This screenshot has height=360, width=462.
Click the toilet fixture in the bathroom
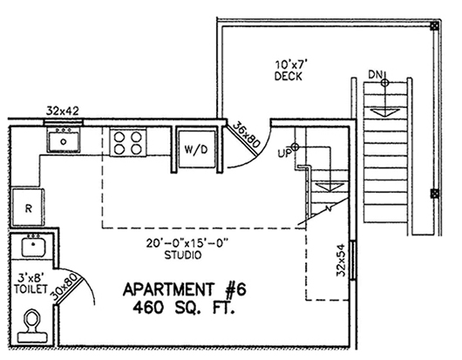tap(32, 325)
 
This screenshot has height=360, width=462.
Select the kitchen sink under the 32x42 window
tap(64, 141)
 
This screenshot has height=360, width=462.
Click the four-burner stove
tap(128, 142)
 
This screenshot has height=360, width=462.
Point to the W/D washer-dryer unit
tap(196, 149)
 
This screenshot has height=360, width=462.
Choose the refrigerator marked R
tap(28, 207)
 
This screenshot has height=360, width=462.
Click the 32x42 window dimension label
tap(63, 111)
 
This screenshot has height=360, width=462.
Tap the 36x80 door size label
tap(247, 134)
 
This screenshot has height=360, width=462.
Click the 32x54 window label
tap(341, 260)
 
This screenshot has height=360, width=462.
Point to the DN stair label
tap(375, 75)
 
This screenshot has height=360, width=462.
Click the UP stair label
tap(284, 153)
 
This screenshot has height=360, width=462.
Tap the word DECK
tap(289, 77)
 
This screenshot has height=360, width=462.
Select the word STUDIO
tap(183, 255)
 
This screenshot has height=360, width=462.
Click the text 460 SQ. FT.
tap(184, 308)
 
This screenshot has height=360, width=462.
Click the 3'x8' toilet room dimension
tap(31, 277)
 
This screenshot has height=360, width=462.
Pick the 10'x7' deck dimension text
tap(291, 65)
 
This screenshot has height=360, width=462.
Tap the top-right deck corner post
tap(433, 26)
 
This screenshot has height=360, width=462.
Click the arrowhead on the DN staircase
tap(384, 112)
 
